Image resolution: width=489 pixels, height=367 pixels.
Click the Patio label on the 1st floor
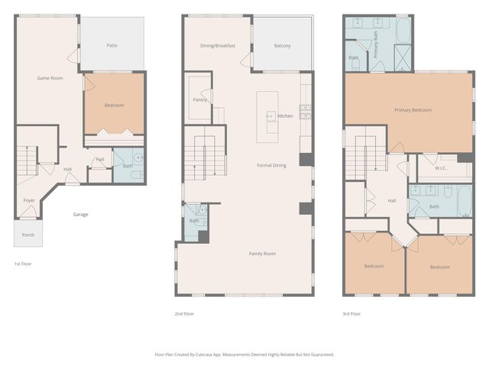pyautogui.click(x=112, y=46)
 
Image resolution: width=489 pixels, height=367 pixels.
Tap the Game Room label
pyautogui.click(x=50, y=78)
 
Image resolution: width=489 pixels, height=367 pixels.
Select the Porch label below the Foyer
pyautogui.click(x=28, y=235)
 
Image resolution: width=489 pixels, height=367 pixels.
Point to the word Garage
pyautogui.click(x=80, y=214)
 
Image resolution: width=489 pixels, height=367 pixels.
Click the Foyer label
pyautogui.click(x=29, y=200)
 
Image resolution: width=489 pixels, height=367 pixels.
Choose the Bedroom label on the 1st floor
pyautogui.click(x=113, y=105)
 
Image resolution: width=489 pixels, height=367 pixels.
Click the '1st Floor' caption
pyautogui.click(x=23, y=264)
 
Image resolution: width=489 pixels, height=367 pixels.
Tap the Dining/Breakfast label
pyautogui.click(x=217, y=46)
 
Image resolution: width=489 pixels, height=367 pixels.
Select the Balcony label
pyautogui.click(x=282, y=46)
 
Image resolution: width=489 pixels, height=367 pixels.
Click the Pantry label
pyautogui.click(x=199, y=99)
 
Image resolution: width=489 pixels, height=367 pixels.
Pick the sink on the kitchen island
pyautogui.click(x=270, y=116)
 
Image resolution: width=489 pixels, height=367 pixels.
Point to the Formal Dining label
pyautogui.click(x=270, y=165)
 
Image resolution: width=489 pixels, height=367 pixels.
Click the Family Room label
pyautogui.click(x=262, y=253)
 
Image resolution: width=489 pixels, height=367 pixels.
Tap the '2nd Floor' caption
pyautogui.click(x=185, y=313)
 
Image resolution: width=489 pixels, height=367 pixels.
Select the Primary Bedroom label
pyautogui.click(x=413, y=110)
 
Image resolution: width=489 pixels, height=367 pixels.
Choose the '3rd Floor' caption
pyautogui.click(x=351, y=313)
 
